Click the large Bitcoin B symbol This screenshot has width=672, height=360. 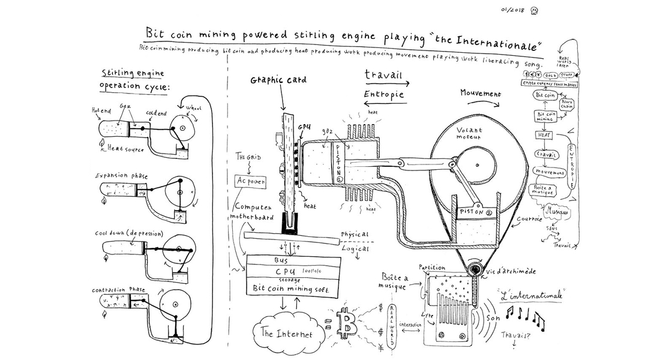[x=347, y=325]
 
